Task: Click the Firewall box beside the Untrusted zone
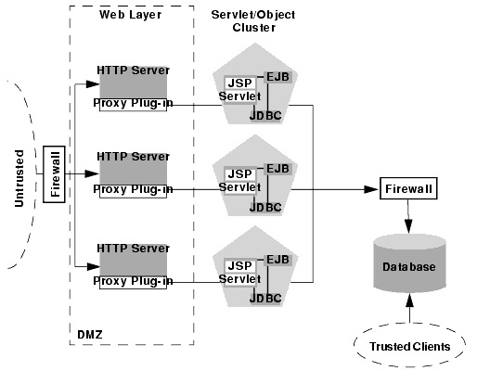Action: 54,174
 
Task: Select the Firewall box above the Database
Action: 408,188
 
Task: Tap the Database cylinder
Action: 409,263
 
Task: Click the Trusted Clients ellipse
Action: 409,345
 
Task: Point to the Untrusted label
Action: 19,178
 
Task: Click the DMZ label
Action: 90,335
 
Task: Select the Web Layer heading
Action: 130,14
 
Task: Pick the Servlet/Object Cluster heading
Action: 253,21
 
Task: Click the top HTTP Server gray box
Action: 133,82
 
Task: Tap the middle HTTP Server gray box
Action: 133,169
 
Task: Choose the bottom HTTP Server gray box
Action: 133,260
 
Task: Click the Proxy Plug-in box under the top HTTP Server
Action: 133,104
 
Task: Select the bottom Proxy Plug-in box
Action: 133,282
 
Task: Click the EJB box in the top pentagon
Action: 277,77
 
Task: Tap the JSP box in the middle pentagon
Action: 240,173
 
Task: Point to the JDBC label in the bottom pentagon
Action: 265,298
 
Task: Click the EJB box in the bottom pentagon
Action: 277,260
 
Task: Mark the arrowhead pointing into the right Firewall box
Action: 371,189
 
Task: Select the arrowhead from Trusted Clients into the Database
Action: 409,301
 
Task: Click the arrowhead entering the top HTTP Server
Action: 93,83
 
